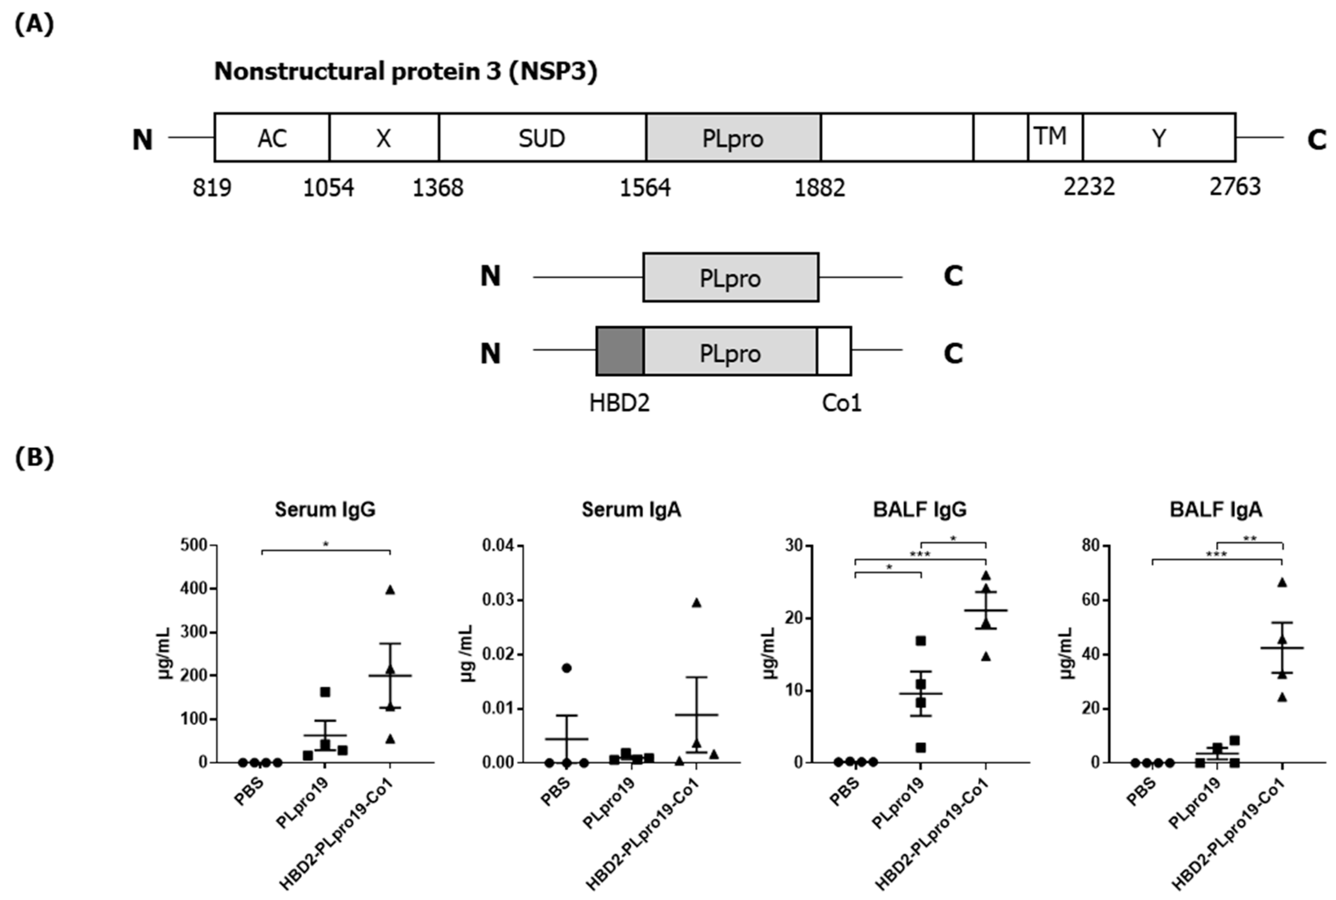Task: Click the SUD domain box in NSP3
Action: click(542, 138)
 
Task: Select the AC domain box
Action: click(272, 138)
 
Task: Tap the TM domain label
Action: click(1050, 137)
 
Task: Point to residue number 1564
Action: click(645, 188)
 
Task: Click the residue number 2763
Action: click(1235, 187)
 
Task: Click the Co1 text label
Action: click(841, 403)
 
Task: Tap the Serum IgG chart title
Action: click(325, 509)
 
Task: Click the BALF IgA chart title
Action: click(1216, 509)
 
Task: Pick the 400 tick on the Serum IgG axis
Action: click(194, 588)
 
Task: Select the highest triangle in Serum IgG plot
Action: click(390, 590)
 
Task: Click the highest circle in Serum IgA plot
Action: click(566, 667)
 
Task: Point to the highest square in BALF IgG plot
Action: click(920, 640)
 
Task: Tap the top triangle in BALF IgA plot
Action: click(1282, 582)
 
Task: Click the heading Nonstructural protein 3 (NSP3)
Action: click(405, 71)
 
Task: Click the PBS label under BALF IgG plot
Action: click(844, 791)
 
